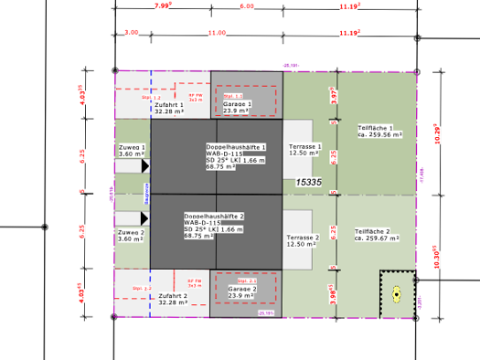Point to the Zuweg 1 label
point(132,150)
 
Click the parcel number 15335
point(309,183)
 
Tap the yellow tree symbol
point(397,293)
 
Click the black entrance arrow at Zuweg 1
point(144,165)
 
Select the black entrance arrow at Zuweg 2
point(144,218)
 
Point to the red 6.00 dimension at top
point(247,6)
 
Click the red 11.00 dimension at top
point(216,33)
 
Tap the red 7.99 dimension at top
point(164,6)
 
